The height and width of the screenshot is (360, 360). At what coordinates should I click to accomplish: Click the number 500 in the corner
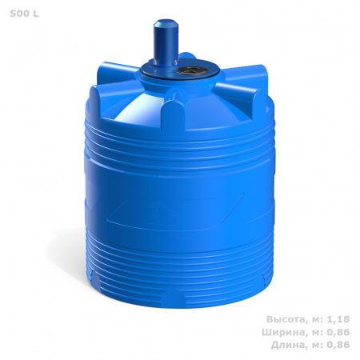(x=20, y=14)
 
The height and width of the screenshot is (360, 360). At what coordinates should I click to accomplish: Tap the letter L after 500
(x=36, y=14)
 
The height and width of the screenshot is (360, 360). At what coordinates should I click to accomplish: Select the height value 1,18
(x=338, y=319)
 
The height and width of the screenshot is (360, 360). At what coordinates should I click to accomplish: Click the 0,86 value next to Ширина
(x=338, y=332)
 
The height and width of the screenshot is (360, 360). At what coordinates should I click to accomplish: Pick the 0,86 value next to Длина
(x=338, y=345)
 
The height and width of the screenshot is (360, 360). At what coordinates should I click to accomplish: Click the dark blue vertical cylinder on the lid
(x=166, y=42)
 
